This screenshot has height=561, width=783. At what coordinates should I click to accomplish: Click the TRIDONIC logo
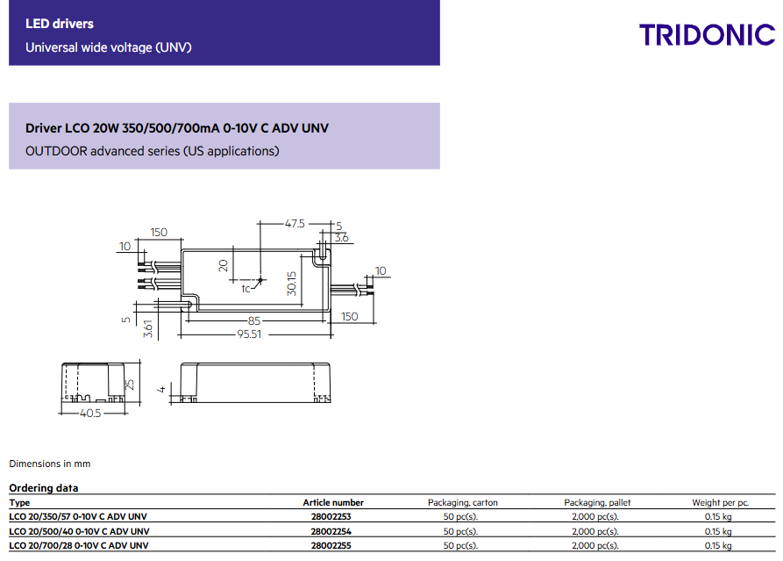(x=707, y=35)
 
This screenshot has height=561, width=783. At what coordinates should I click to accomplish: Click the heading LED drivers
(x=60, y=24)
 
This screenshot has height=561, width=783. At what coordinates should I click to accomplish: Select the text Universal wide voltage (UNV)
(x=108, y=47)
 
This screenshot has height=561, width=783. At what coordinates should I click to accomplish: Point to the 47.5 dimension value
(x=295, y=224)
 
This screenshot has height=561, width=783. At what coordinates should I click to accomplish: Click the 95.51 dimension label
(x=250, y=334)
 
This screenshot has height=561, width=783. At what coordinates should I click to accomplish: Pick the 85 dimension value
(x=254, y=320)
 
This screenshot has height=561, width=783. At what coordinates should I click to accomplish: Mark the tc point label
(x=246, y=287)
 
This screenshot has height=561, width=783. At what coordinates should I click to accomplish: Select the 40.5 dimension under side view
(x=90, y=412)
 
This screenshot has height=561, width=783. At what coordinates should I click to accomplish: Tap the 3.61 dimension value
(x=148, y=329)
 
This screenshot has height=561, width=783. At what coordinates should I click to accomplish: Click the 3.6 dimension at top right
(x=342, y=237)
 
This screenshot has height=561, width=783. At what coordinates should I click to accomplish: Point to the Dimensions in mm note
(x=49, y=464)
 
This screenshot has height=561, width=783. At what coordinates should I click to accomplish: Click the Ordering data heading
(x=43, y=488)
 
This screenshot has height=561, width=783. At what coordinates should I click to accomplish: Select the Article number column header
(x=333, y=502)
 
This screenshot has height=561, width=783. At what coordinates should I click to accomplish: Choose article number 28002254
(x=331, y=531)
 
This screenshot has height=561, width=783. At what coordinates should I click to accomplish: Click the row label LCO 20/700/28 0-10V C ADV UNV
(x=78, y=545)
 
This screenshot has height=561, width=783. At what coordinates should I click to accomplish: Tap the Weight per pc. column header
(x=720, y=502)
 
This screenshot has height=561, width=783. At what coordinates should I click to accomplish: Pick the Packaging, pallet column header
(x=597, y=502)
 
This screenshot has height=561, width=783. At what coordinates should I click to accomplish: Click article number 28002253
(x=331, y=517)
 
